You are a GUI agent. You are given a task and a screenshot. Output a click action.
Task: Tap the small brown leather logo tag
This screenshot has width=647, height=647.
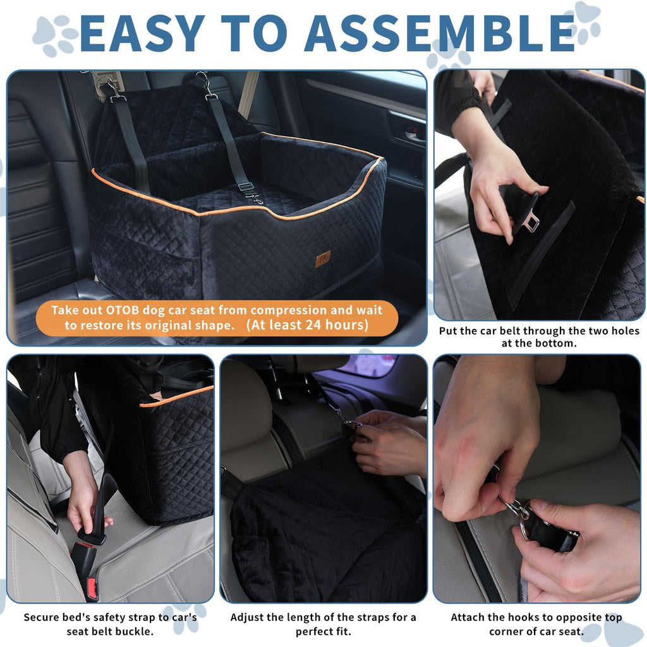coord(323,259)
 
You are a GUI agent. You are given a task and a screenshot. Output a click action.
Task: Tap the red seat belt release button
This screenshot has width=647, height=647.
coord(92,587)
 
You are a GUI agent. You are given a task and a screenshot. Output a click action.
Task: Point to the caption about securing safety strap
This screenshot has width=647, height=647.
coord(110,624)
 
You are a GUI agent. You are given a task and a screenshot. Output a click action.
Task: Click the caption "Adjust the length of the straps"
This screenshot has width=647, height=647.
coord(323,624)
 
